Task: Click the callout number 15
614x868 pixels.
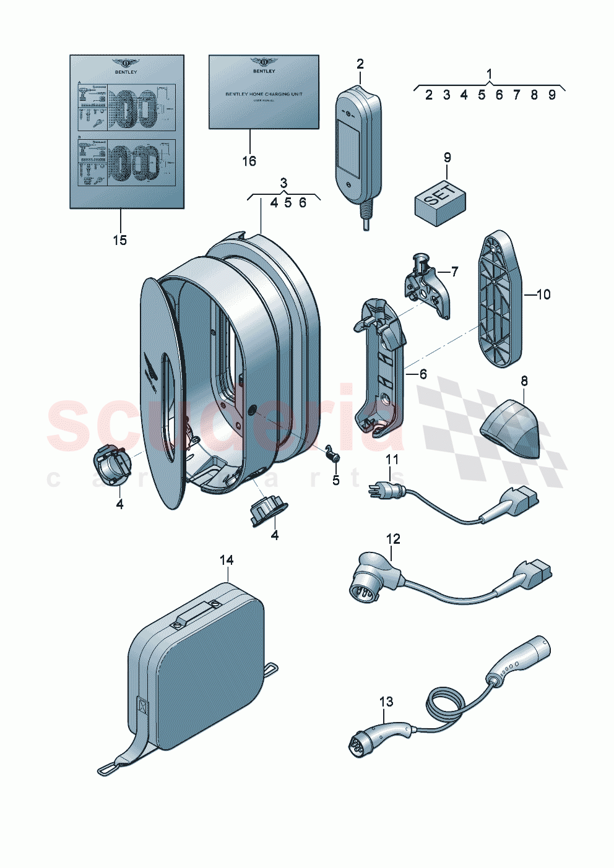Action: [119, 240]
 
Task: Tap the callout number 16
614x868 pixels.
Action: [249, 161]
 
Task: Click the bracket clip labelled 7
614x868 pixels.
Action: [427, 287]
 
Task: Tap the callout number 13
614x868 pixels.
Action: [386, 702]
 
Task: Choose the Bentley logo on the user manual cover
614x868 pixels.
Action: [264, 62]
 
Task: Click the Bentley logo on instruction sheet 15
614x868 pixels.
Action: [126, 64]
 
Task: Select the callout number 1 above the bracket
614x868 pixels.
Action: [489, 74]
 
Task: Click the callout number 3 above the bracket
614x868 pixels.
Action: [283, 183]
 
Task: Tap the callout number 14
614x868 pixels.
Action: [227, 560]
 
